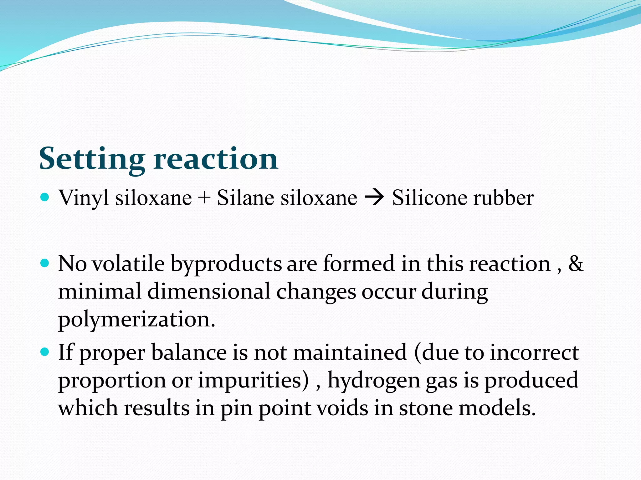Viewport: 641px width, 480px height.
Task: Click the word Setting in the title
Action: coord(92,159)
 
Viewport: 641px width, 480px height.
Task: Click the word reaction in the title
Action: coord(216,159)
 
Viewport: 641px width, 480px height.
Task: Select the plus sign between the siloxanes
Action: coord(204,198)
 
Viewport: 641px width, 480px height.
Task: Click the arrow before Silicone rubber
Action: coord(374,198)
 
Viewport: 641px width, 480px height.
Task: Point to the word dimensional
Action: coord(208,292)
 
